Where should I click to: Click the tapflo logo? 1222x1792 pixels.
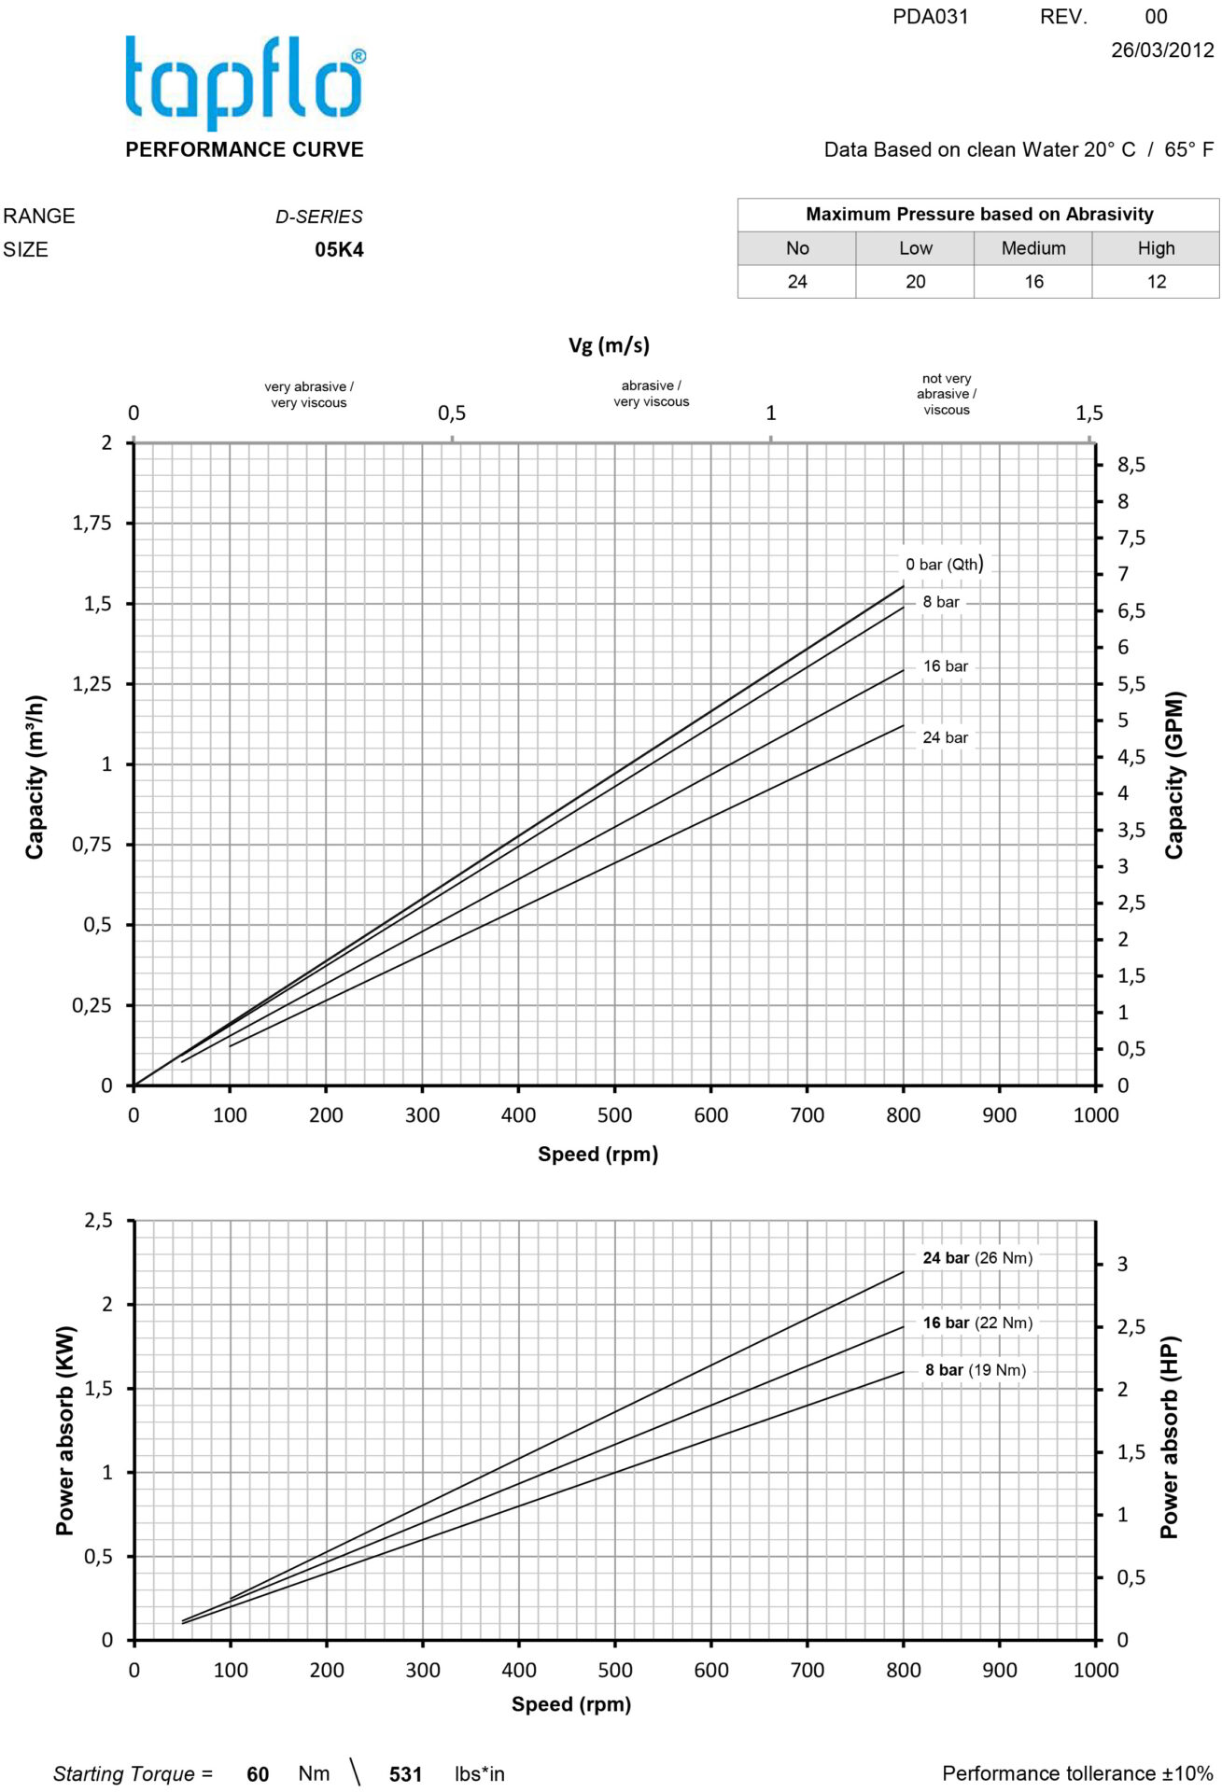click(x=245, y=82)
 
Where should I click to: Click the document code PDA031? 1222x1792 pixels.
click(x=930, y=17)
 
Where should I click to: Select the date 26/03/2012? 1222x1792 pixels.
click(x=1161, y=49)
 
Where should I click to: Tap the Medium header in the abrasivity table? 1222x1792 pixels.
click(x=1032, y=248)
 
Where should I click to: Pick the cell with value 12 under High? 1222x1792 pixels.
click(x=1156, y=282)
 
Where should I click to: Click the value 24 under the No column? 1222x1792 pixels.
click(x=796, y=282)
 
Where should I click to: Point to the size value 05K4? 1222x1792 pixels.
click(x=339, y=250)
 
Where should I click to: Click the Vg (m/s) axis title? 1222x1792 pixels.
click(x=609, y=345)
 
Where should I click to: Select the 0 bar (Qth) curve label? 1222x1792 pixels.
click(x=944, y=564)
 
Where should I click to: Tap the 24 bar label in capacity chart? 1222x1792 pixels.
click(x=945, y=737)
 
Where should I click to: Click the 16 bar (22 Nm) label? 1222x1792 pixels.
click(x=977, y=1323)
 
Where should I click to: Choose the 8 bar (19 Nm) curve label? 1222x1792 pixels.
click(x=975, y=1370)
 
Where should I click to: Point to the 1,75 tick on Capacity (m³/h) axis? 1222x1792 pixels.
click(x=91, y=524)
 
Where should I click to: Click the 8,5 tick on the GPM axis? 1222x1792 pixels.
click(x=1131, y=465)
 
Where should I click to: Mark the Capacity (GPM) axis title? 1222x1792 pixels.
click(x=1173, y=775)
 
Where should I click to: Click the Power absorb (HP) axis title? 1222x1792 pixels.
click(x=1169, y=1437)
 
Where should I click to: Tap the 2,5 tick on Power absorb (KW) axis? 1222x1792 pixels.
click(x=98, y=1221)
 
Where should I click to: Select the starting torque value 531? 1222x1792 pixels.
click(x=405, y=1774)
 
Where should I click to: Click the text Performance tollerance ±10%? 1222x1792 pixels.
click(x=1077, y=1773)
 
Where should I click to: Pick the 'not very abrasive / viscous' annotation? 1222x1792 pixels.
click(x=946, y=394)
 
